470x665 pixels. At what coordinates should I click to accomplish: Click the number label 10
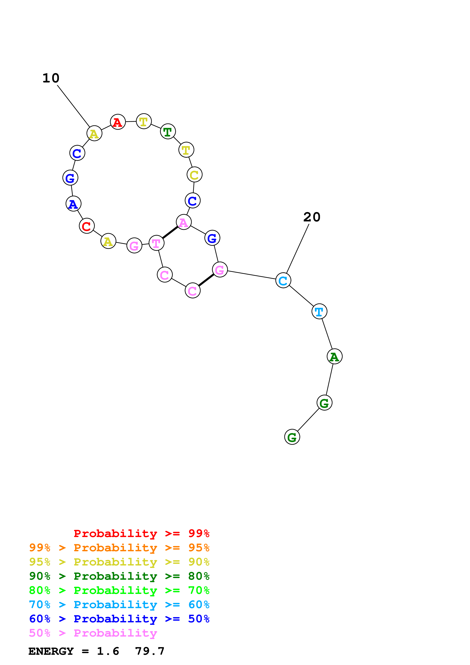pyautogui.click(x=51, y=78)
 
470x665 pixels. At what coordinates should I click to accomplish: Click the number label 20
pyautogui.click(x=312, y=217)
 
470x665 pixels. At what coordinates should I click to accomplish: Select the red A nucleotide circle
pyautogui.click(x=118, y=122)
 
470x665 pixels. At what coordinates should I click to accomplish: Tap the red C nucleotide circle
pyautogui.click(x=87, y=226)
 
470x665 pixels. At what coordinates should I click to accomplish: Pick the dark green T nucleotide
pyautogui.click(x=168, y=132)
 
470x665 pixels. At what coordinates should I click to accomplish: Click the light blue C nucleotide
pyautogui.click(x=283, y=280)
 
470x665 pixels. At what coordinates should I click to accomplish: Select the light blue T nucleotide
pyautogui.click(x=319, y=311)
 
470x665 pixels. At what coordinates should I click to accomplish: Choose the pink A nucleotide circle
pyautogui.click(x=184, y=222)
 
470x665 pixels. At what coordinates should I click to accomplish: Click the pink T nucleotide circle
pyautogui.click(x=156, y=243)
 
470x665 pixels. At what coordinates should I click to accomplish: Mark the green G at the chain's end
pyautogui.click(x=292, y=437)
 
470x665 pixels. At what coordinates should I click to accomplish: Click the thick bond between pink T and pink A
pyautogui.click(x=170, y=233)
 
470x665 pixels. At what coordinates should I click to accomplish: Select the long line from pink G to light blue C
pyautogui.click(x=251, y=275)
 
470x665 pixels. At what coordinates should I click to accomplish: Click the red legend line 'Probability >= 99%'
pyautogui.click(x=141, y=533)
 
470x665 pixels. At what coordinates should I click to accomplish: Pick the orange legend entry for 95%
pyautogui.click(x=119, y=547)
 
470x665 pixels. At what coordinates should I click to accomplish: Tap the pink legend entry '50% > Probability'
pyautogui.click(x=93, y=633)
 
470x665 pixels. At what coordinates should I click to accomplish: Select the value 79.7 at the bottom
pyautogui.click(x=150, y=651)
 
